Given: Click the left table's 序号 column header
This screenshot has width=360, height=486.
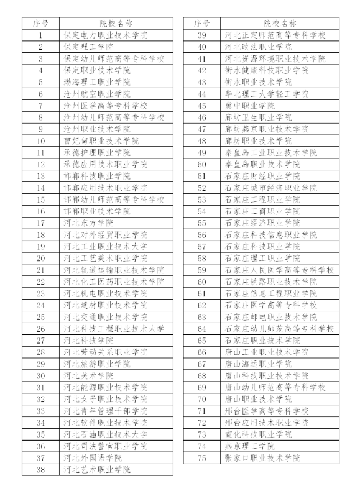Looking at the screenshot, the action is (40, 24).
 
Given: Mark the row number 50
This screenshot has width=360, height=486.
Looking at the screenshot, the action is (201, 164).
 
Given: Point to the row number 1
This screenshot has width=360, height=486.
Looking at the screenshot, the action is (40, 35).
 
